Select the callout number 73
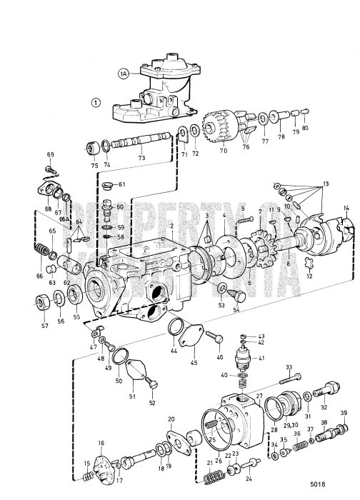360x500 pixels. pos(141,157)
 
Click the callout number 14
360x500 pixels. pos(346,208)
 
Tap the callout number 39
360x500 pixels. pos(344,414)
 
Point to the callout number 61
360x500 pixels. pos(121,184)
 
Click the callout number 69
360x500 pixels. pos(51,155)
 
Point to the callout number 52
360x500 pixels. pos(151,404)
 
